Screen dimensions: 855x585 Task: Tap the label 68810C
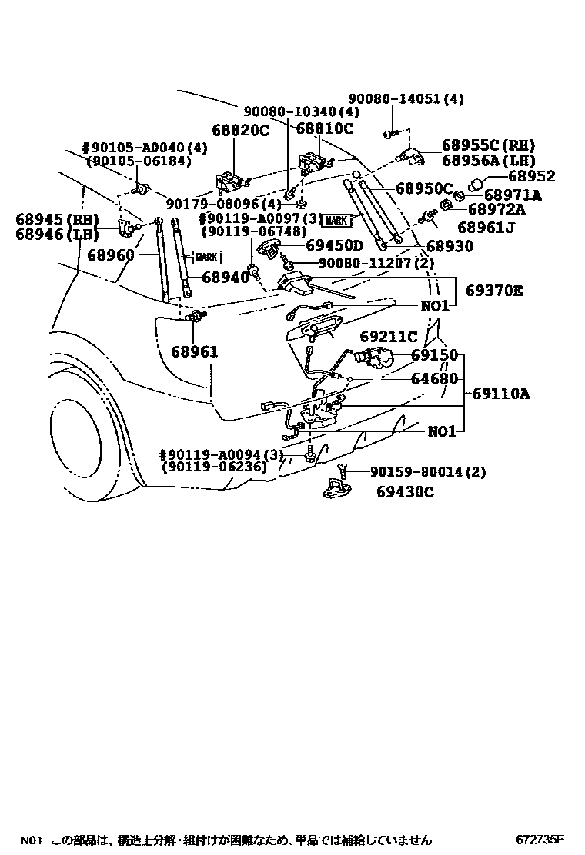coord(324,128)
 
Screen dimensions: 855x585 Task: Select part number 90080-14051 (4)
coord(406,99)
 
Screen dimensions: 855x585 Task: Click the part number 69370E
coord(493,291)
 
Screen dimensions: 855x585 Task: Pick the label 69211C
coord(389,337)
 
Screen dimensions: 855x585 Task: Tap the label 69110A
coord(501,394)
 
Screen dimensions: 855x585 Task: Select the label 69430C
coord(405,491)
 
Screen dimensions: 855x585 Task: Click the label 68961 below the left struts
coord(195,351)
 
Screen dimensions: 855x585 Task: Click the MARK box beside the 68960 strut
coord(207,258)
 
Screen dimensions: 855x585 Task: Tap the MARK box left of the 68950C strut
coord(336,221)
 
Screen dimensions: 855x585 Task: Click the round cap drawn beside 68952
coord(475,184)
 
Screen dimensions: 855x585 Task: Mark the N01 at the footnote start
coord(30,840)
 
